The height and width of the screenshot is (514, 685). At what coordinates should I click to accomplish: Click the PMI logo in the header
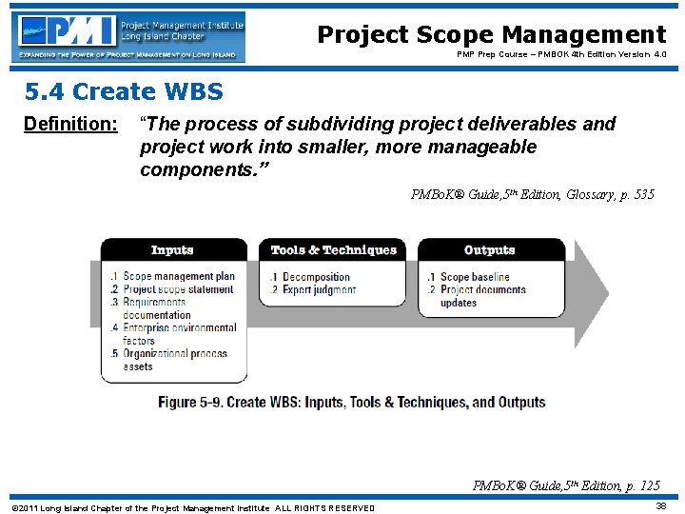click(128, 36)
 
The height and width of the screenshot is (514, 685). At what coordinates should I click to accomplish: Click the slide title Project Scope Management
click(491, 35)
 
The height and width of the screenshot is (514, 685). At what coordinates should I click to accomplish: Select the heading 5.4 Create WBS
click(124, 92)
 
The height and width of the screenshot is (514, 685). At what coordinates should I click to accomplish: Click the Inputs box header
click(172, 250)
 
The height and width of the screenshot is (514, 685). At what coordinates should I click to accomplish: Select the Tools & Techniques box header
click(333, 250)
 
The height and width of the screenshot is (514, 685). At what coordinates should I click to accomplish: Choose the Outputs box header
click(489, 250)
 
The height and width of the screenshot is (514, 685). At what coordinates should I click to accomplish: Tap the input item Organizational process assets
click(168, 360)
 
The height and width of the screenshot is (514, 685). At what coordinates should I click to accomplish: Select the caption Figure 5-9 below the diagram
click(352, 403)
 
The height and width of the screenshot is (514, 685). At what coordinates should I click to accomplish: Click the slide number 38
click(660, 506)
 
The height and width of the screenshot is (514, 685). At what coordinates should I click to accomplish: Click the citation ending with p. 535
click(532, 195)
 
